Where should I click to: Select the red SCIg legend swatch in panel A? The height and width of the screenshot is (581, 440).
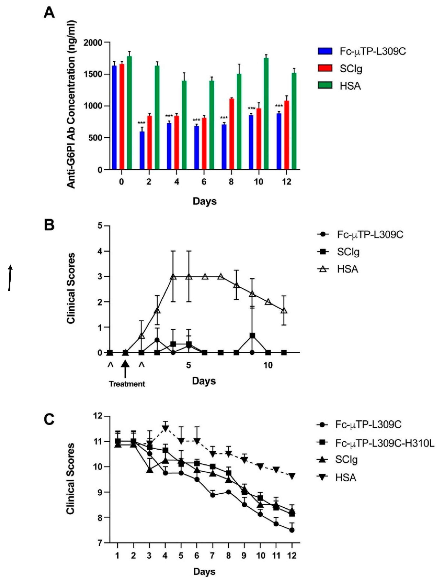(x=325, y=68)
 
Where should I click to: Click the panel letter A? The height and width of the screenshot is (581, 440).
(x=49, y=13)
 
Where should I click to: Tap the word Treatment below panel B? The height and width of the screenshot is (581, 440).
(x=127, y=384)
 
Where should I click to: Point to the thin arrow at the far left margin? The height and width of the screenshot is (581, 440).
(x=10, y=278)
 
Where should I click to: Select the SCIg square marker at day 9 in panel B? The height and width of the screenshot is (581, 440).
(x=252, y=336)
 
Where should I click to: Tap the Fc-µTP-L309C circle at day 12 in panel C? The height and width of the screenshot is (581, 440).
(x=292, y=530)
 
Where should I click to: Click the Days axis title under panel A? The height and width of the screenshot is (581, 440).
(x=205, y=201)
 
